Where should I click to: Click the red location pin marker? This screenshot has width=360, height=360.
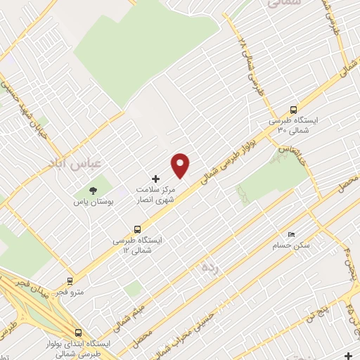click(x=181, y=166)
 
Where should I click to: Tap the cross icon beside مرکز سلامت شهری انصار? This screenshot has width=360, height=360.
click(x=156, y=179)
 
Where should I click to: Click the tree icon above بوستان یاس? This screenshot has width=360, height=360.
click(x=92, y=190)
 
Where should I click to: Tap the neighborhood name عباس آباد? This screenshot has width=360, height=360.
click(x=75, y=162)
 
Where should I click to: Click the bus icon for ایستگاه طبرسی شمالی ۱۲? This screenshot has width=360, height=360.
click(x=137, y=229)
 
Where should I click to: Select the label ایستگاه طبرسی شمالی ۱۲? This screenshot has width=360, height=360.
click(x=138, y=245)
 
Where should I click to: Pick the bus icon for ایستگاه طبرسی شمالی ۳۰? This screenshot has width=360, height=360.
click(x=293, y=109)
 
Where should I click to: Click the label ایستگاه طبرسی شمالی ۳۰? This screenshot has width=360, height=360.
click(x=294, y=125)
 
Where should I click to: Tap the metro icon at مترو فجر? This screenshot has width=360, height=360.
click(x=70, y=280)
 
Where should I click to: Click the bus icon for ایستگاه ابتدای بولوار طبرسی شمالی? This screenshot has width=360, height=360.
click(x=77, y=333)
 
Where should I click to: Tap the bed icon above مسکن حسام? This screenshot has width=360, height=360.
click(x=292, y=235)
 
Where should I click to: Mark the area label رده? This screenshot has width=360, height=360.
click(x=209, y=267)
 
